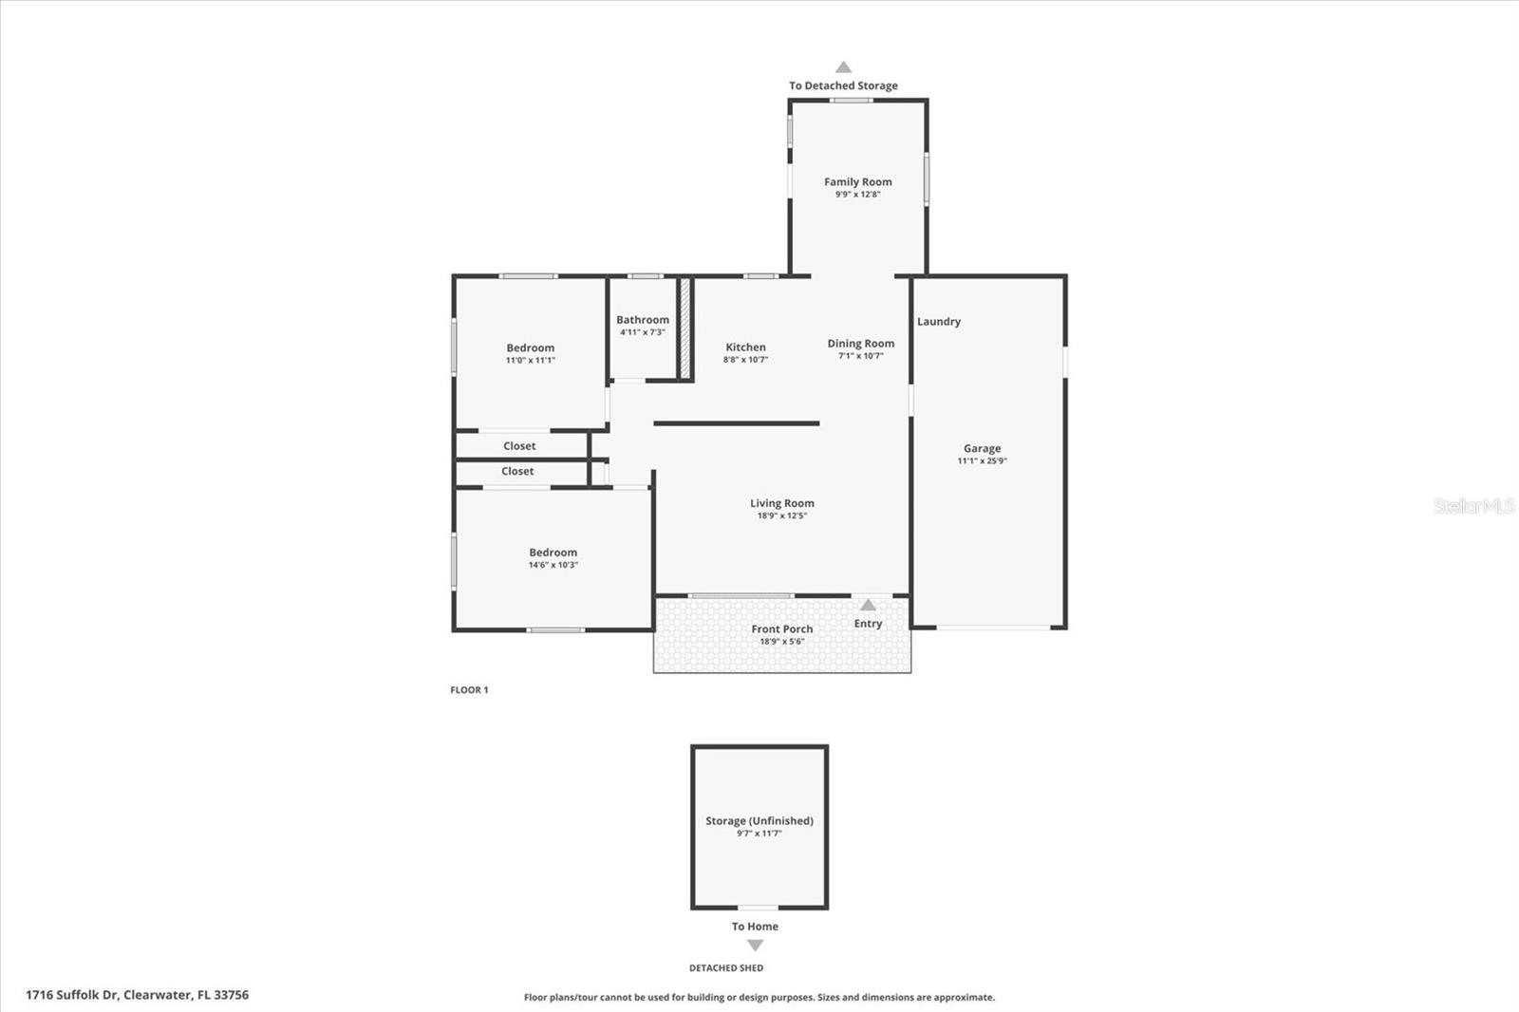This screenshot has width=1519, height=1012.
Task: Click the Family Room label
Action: tap(857, 181)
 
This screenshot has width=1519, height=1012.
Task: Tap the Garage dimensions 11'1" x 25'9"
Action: tap(982, 461)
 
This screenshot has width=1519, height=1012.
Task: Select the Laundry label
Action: tap(938, 322)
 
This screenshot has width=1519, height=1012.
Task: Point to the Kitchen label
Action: tap(745, 347)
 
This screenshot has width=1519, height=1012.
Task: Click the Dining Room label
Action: tap(860, 344)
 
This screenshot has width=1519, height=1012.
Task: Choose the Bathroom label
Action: tap(643, 320)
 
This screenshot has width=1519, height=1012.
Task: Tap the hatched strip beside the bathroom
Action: tap(684, 328)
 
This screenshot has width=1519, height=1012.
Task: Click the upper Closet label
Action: tap(519, 446)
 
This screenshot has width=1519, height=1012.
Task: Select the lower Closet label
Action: tap(517, 471)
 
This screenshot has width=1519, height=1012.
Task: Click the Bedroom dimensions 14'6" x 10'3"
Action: tap(553, 565)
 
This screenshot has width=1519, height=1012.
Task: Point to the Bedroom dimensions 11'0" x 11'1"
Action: tap(530, 361)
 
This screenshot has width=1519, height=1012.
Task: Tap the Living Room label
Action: tap(781, 503)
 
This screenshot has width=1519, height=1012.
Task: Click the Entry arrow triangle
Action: tap(868, 605)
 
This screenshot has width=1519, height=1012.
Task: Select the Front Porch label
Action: tap(781, 628)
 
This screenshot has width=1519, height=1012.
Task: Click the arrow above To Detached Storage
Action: tap(843, 67)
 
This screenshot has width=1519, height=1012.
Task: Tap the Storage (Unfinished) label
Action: tap(759, 821)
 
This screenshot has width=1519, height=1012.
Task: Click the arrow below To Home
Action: tap(755, 946)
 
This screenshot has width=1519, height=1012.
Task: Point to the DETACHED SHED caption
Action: tap(725, 968)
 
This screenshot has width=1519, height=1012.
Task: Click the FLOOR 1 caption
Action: tap(469, 690)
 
